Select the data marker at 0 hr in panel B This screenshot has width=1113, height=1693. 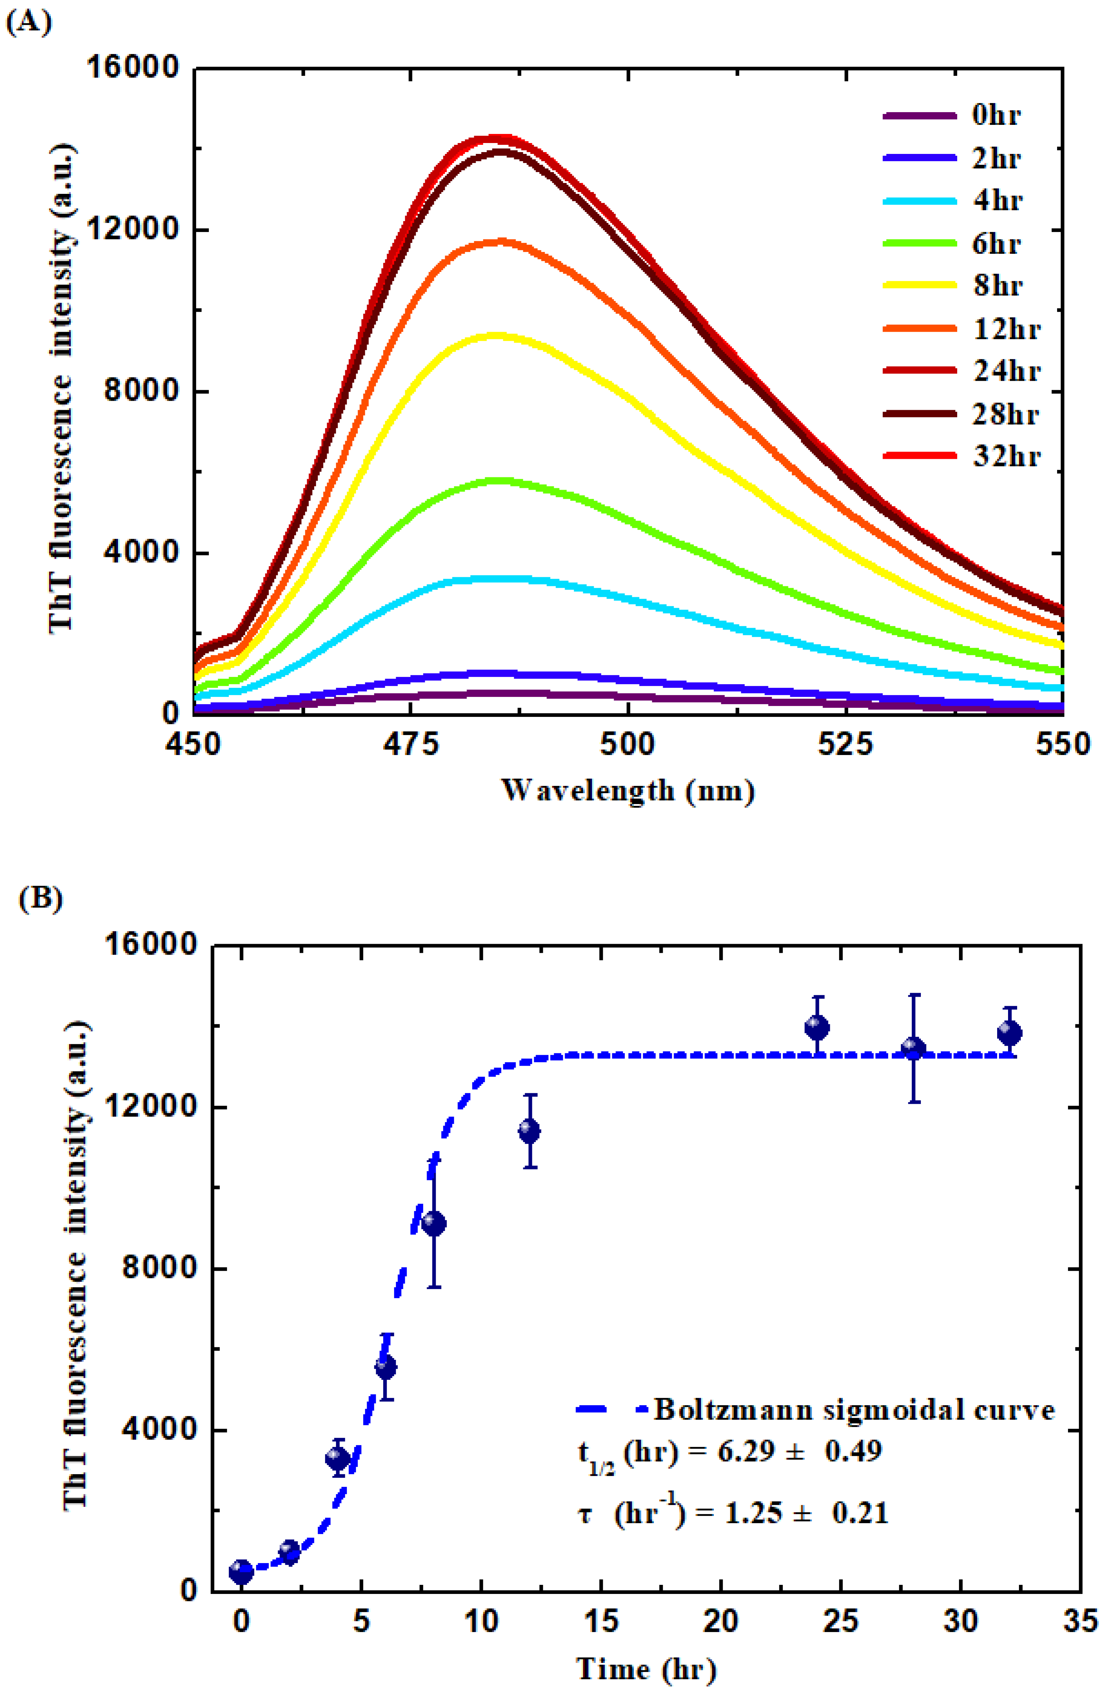(241, 1571)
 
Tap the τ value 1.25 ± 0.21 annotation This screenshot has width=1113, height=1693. (733, 1512)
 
